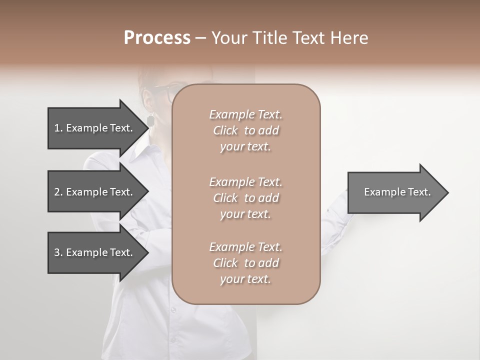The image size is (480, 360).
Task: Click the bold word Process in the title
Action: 157,37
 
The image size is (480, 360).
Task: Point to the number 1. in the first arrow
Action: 58,128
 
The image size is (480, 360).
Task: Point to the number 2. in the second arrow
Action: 58,192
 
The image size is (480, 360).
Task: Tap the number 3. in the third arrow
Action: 58,252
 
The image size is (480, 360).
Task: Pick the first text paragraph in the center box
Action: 245,130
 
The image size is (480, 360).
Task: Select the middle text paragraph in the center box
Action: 245,198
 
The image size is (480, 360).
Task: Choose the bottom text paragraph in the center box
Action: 245,263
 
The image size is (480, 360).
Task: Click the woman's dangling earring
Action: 150,120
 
